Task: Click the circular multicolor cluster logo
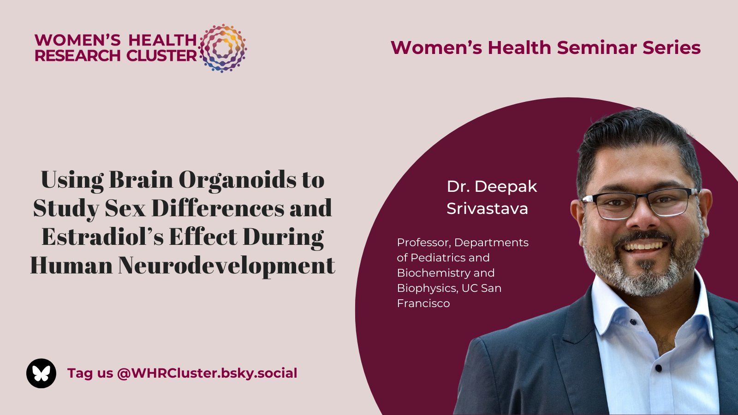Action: (222, 48)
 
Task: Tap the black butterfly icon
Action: (41, 373)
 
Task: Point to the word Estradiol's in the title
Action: (102, 237)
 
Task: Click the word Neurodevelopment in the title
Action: (226, 266)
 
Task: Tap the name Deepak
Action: (506, 187)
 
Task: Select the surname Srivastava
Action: (487, 208)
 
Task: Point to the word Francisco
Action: (423, 303)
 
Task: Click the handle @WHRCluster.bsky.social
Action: (207, 373)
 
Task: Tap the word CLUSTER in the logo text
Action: (161, 56)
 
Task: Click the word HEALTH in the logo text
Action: (162, 40)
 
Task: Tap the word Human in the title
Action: (71, 266)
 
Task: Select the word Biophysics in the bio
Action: (428, 288)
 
